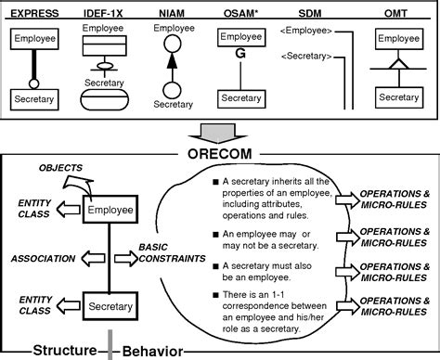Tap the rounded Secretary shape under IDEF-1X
coord(103,96)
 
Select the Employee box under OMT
coord(399,39)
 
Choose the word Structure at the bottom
coord(65,350)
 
